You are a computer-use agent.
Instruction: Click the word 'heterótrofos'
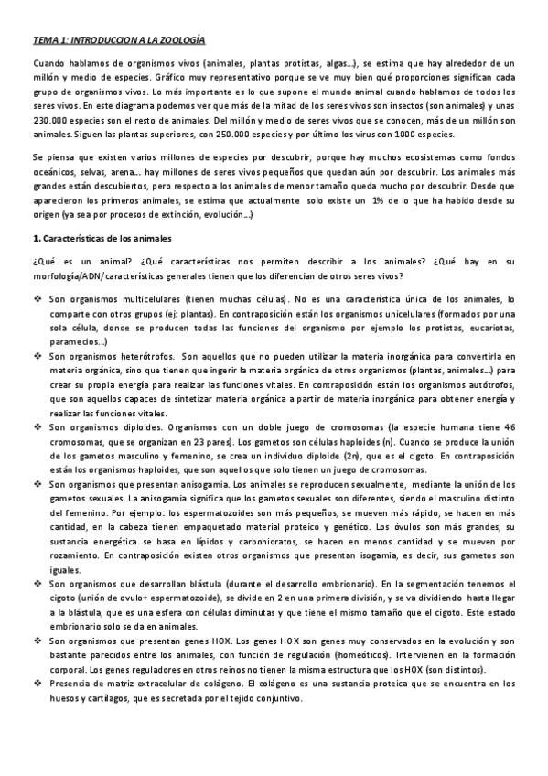[x=147, y=355]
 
